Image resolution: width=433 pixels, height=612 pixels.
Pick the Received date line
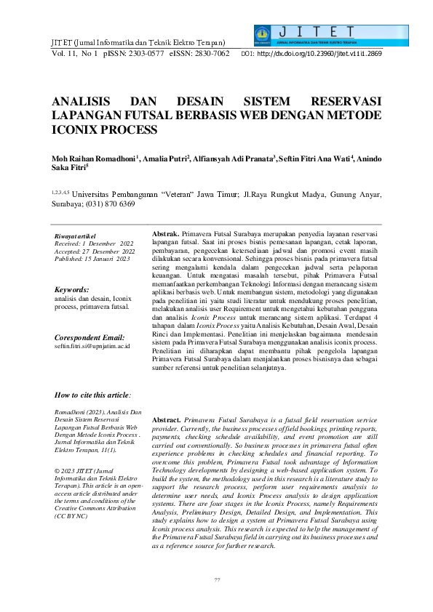[94, 244]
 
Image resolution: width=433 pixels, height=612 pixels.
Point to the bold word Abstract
[167, 421]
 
